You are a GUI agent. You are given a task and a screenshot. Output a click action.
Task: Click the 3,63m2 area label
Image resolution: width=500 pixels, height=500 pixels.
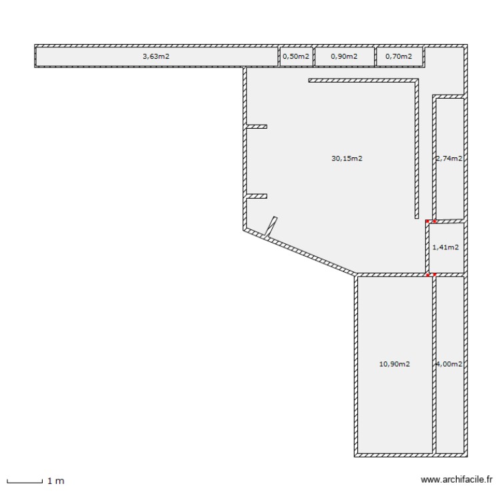[x=156, y=57]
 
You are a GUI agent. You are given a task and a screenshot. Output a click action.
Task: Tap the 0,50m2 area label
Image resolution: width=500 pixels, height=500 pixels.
[x=296, y=57]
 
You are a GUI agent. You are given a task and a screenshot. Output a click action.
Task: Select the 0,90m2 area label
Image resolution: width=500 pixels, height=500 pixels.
[x=344, y=57]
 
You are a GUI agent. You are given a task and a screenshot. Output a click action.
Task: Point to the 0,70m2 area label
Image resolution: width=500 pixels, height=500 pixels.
[x=399, y=57]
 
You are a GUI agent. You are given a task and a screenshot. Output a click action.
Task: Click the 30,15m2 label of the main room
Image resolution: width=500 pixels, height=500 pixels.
[x=347, y=159]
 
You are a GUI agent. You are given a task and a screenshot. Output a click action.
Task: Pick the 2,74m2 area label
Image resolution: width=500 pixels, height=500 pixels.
[x=449, y=159]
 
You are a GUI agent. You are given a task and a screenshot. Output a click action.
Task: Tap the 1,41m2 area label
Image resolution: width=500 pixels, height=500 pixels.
[x=445, y=247]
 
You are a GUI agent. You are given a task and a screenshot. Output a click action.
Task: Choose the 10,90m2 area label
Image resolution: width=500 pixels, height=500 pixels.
[x=394, y=364]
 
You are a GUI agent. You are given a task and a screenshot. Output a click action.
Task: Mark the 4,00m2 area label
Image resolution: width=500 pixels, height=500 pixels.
[x=449, y=364]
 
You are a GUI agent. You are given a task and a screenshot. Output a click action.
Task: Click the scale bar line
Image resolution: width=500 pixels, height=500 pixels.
[x=25, y=481]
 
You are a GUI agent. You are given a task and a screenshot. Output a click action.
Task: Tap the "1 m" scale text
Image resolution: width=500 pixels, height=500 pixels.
[x=55, y=480]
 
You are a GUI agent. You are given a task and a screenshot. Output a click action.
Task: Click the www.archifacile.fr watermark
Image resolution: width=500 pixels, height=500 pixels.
[x=456, y=479]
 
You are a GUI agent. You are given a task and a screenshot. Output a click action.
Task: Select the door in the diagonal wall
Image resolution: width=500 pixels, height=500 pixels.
[x=271, y=227]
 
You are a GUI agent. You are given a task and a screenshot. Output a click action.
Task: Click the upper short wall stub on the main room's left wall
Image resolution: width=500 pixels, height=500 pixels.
[x=257, y=126]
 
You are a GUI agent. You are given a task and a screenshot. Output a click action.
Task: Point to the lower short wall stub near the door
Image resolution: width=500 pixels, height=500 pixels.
[x=257, y=196]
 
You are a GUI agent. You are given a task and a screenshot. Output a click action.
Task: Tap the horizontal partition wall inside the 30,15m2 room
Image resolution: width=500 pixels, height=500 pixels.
[x=363, y=81]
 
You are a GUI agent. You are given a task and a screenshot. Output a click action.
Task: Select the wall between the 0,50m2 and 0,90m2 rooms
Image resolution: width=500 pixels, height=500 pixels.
[x=313, y=57]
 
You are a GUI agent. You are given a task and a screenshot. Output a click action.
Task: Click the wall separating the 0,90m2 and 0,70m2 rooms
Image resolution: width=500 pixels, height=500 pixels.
[x=375, y=57]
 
